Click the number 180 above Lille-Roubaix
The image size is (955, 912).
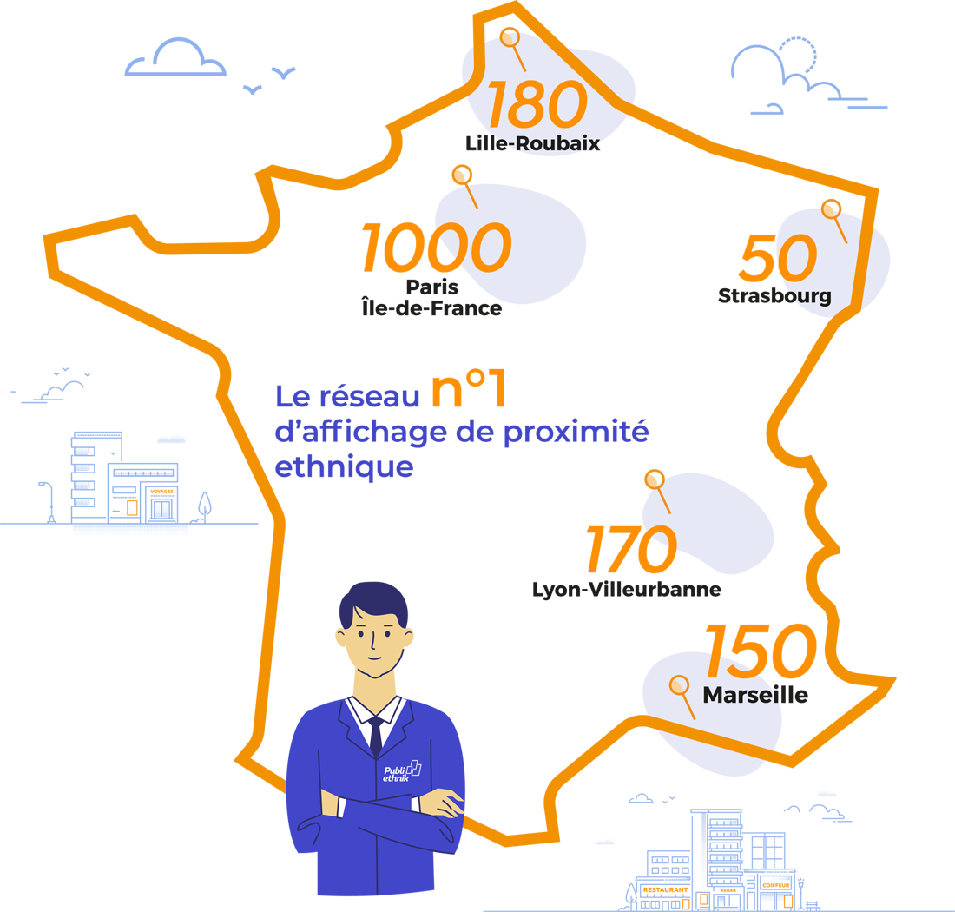(537, 105)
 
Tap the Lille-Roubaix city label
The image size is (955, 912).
(532, 143)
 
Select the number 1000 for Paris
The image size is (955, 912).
(435, 247)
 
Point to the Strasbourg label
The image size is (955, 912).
(774, 295)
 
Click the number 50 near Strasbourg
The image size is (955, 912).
(778, 258)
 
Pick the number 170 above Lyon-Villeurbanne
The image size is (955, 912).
(629, 550)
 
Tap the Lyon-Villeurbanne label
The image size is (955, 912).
(626, 590)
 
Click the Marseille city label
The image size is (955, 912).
(754, 696)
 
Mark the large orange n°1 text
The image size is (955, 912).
(468, 390)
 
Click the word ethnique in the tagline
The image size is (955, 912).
(343, 467)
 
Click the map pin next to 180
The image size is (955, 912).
(511, 39)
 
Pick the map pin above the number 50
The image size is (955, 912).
(831, 210)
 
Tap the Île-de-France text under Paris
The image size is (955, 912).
(431, 307)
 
